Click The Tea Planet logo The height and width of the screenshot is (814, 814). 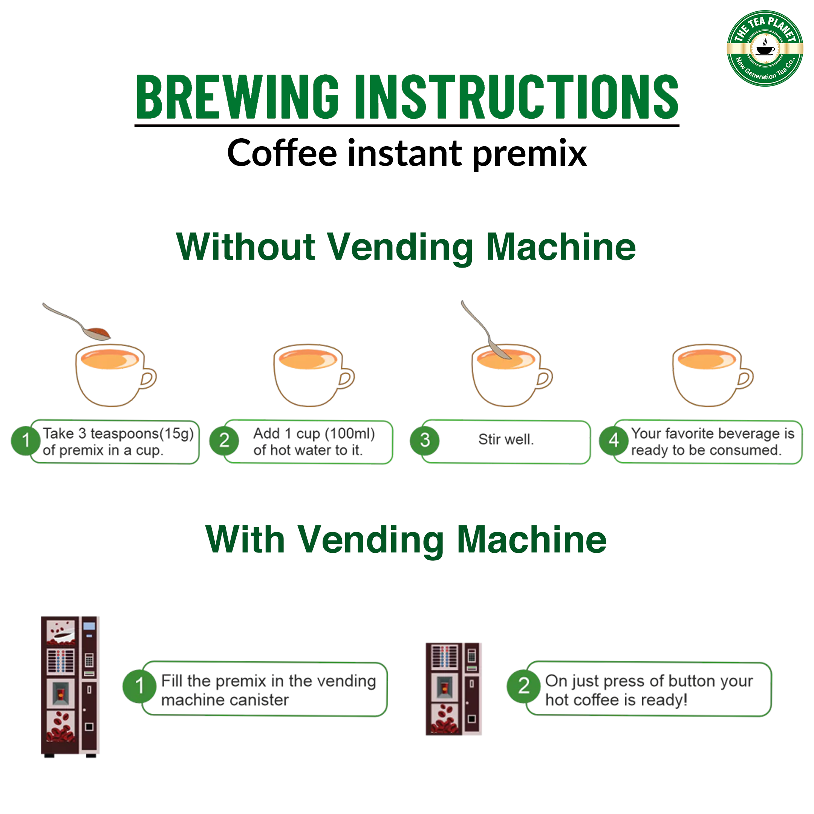click(x=765, y=49)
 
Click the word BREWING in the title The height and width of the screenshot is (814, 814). click(x=237, y=96)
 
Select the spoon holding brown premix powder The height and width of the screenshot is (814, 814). click(x=76, y=321)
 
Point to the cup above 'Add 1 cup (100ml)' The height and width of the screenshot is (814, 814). click(x=314, y=375)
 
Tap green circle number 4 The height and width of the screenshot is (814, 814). click(x=614, y=441)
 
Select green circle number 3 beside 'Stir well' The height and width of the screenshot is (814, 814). click(x=425, y=441)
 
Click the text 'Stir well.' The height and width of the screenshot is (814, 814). click(x=506, y=439)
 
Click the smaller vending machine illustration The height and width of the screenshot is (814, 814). click(x=453, y=689)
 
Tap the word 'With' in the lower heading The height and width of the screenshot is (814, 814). click(x=246, y=540)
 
